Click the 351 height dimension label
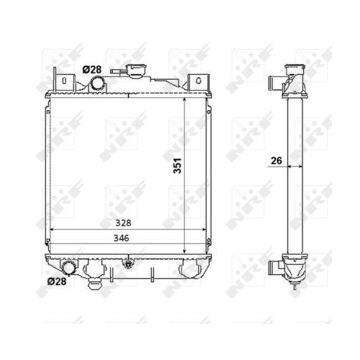pyautogui.click(x=178, y=166)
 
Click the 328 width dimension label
pyautogui.click(x=123, y=223)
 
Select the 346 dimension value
pyautogui.click(x=121, y=238)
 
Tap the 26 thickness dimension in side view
pyautogui.click(x=276, y=161)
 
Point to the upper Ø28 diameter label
pyautogui.click(x=92, y=70)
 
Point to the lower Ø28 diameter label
pyautogui.click(x=57, y=282)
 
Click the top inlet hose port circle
pyautogui.click(x=97, y=83)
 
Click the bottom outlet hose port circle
pyautogui.click(x=69, y=268)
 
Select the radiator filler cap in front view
pyautogui.click(x=136, y=71)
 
